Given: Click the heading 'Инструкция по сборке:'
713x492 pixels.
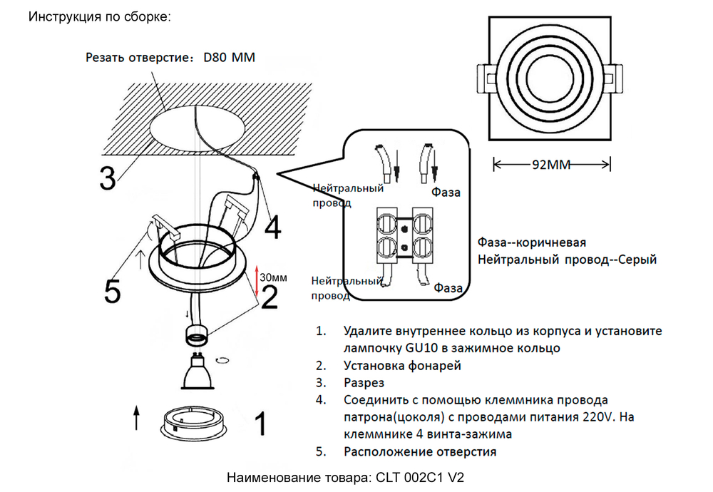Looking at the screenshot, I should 99,16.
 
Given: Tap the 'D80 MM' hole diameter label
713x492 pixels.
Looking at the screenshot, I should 229,57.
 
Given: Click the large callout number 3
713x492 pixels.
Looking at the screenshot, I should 108,178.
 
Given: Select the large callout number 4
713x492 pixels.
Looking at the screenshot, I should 272,228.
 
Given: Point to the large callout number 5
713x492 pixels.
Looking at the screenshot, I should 113,290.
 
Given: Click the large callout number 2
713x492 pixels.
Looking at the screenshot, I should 270,297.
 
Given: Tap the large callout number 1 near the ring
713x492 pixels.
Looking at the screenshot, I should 261,424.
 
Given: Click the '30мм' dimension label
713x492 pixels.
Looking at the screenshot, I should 274,277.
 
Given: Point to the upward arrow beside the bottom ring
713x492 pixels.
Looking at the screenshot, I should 136,417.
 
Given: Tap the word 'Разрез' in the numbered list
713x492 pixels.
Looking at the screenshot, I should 364,383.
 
